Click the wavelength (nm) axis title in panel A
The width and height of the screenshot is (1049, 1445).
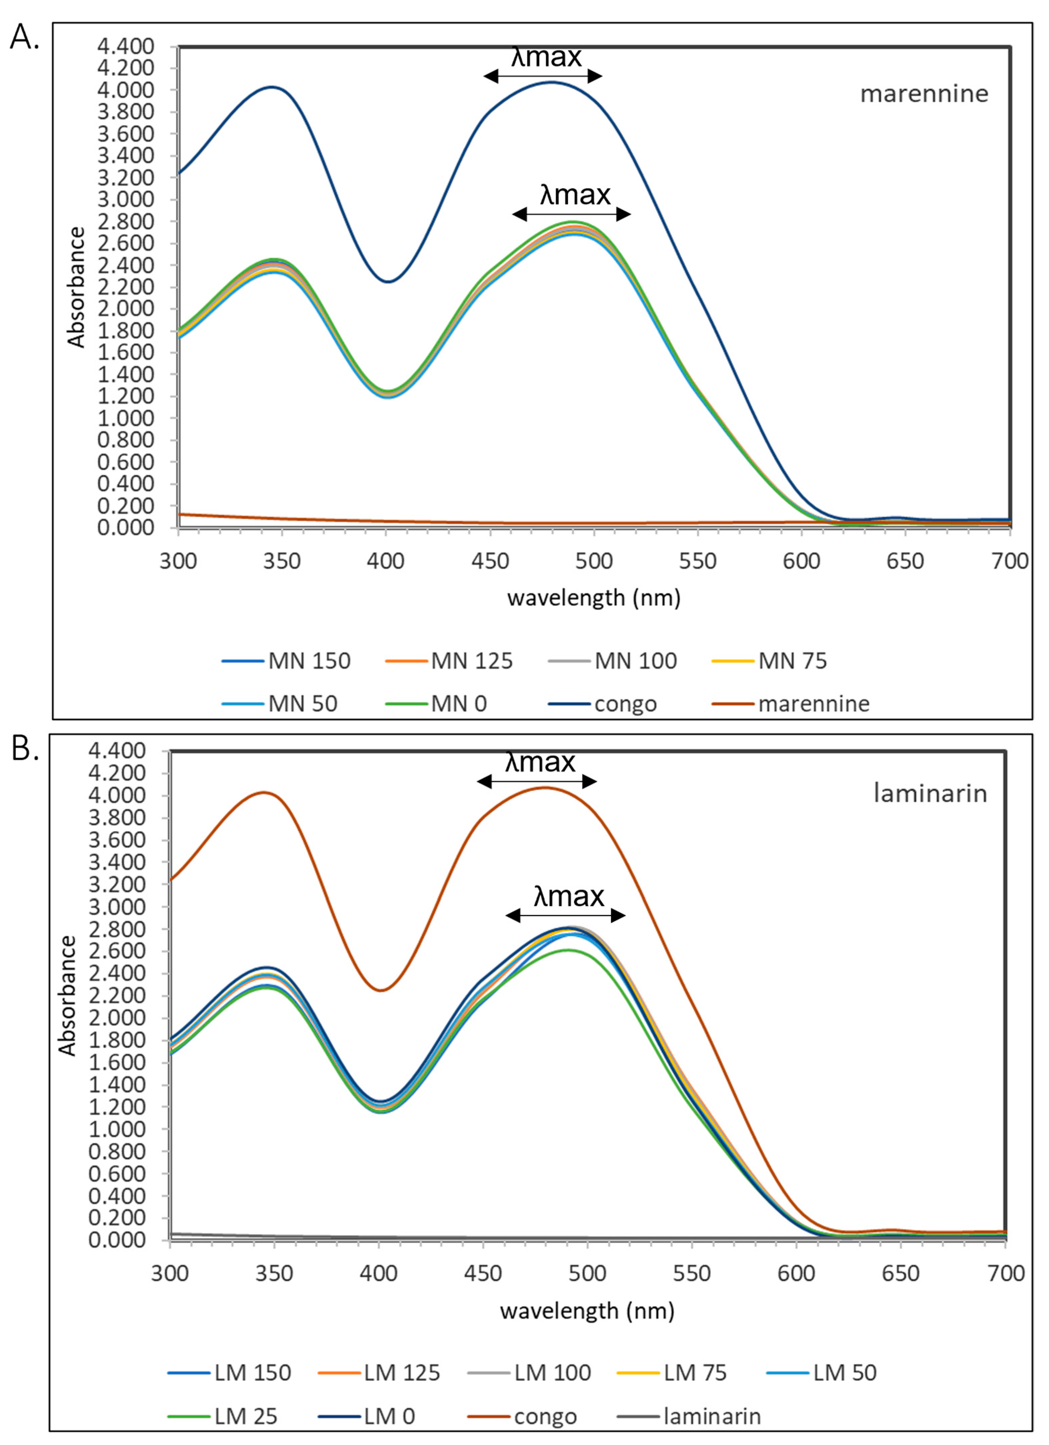click(x=594, y=598)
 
